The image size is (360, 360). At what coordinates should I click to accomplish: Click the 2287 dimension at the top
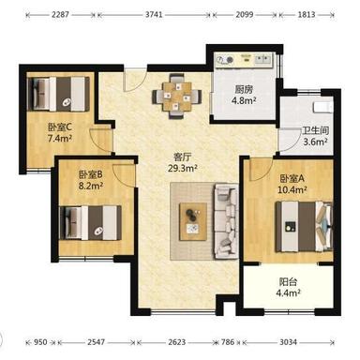pos(60,14)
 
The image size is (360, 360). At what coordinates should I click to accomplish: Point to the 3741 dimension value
pos(154,14)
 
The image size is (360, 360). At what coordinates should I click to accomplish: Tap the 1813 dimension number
pos(307,14)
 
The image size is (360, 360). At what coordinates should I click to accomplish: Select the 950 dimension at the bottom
pos(40,342)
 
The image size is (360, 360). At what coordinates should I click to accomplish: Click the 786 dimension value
pos(228,342)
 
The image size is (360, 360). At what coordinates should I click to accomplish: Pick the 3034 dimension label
pos(288,342)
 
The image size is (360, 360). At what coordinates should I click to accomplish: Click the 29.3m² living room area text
pos(183,169)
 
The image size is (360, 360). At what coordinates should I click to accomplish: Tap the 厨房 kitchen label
pos(244,90)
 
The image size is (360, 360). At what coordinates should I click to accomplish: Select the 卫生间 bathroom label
pos(316,130)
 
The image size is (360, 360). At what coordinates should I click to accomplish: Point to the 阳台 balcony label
pos(288,282)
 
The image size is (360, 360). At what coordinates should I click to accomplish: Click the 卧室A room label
pos(292,178)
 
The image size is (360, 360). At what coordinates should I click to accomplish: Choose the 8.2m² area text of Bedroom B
pos(91,186)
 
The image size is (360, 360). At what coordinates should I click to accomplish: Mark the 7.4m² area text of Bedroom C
pos(60,138)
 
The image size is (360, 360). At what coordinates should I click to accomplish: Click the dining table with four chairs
pos(177,96)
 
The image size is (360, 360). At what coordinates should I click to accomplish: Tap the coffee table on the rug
pos(193,221)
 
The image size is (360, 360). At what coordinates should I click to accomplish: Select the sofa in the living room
pos(226,221)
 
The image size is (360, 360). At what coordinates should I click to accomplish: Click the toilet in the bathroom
pos(323,107)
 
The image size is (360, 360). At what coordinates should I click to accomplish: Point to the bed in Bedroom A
pos(304,227)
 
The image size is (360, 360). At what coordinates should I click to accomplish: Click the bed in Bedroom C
pos(58,94)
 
